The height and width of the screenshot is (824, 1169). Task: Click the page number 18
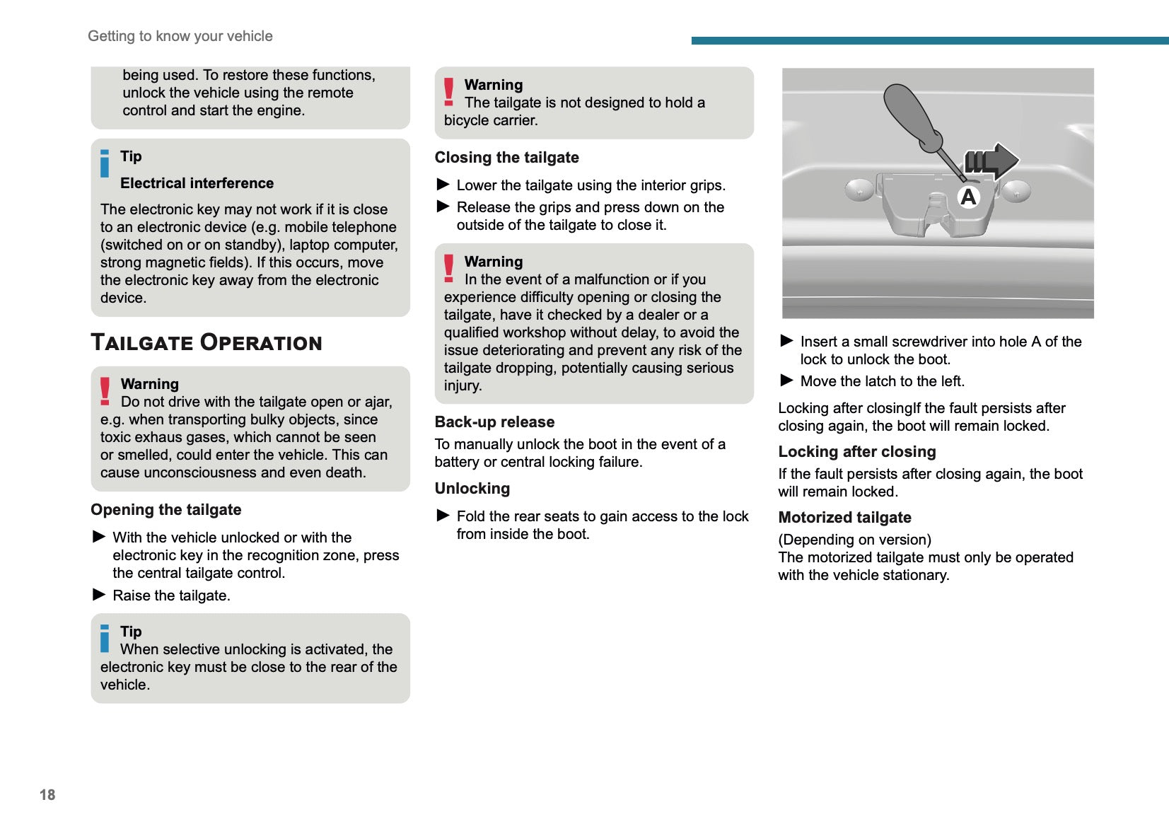click(47, 794)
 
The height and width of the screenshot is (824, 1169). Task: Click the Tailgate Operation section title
click(206, 342)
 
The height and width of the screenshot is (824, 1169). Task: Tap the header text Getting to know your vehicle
click(180, 36)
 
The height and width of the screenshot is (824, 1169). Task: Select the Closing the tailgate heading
click(506, 158)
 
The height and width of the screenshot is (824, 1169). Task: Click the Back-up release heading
click(494, 422)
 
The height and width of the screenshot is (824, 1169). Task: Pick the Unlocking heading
click(472, 489)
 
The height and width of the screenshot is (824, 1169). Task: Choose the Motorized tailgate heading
click(844, 518)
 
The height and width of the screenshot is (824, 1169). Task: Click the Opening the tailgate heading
click(165, 510)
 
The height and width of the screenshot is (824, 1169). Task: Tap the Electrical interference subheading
click(197, 183)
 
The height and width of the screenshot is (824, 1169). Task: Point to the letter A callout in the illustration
click(968, 197)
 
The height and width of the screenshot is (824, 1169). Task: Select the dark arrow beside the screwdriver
click(991, 161)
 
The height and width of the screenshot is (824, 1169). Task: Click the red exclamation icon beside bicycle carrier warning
click(448, 92)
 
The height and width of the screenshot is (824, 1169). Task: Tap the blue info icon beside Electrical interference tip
click(105, 163)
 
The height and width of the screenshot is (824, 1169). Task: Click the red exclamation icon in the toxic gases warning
click(105, 391)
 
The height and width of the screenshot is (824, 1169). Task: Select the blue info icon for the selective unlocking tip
click(105, 638)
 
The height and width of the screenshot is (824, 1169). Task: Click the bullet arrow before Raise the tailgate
click(99, 595)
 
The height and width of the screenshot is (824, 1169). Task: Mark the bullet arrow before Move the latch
click(786, 381)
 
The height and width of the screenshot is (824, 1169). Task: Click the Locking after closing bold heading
click(856, 452)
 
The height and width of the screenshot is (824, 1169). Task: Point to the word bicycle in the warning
click(467, 120)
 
